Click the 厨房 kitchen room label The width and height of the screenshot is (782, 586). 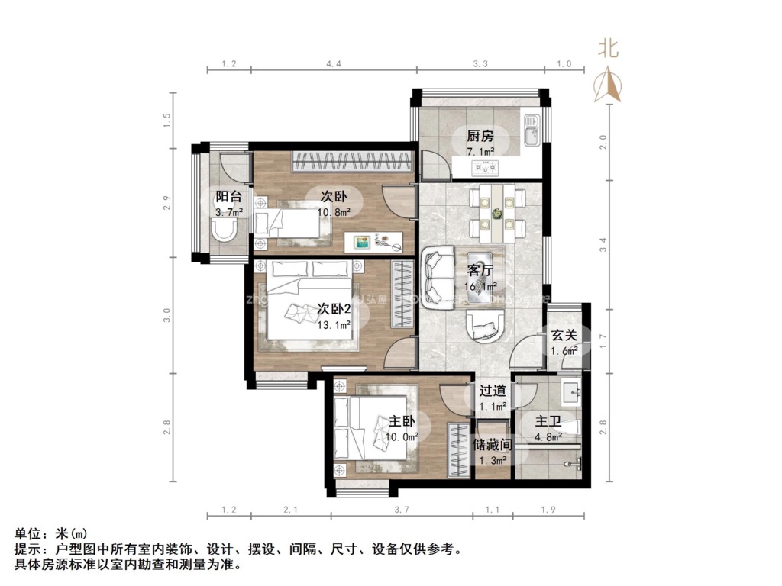(x=480, y=137)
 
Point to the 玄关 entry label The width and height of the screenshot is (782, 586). (x=564, y=336)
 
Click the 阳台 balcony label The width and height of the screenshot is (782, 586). (x=228, y=196)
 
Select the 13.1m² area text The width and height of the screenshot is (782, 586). (x=334, y=324)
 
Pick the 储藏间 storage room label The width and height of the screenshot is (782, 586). (x=492, y=444)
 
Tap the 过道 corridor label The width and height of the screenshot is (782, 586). (x=493, y=390)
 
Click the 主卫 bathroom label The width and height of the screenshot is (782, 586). (x=548, y=422)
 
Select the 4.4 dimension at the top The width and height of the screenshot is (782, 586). (x=333, y=63)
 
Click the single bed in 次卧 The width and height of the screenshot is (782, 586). (x=288, y=224)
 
